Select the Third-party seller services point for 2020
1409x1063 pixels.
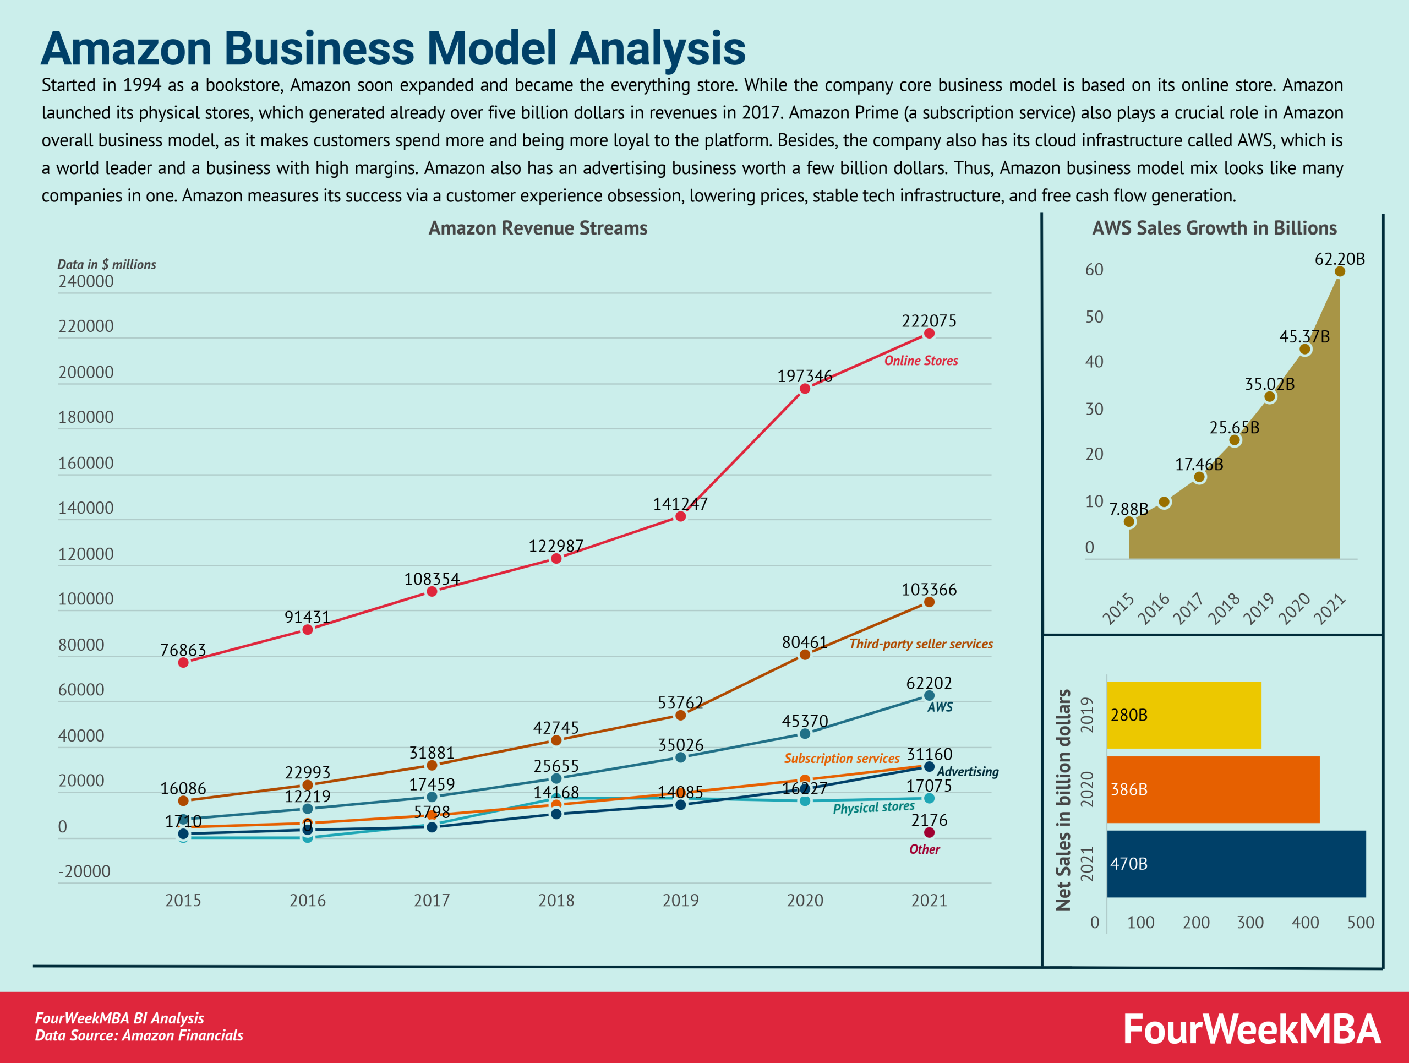805,654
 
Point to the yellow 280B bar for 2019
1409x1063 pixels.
1183,715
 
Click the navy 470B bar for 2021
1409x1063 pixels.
1236,864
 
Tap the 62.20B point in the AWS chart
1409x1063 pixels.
1340,271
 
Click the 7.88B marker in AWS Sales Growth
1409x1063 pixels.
1129,522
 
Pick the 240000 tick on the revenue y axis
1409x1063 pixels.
86,281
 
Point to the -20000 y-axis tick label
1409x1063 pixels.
84,871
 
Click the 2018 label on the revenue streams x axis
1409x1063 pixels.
555,900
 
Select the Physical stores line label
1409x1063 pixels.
873,808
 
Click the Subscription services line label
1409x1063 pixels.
842,758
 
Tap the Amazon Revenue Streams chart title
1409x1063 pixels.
538,228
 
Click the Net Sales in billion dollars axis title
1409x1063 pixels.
1062,800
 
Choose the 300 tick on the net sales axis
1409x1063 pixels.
1250,922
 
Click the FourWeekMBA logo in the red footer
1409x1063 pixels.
1251,1029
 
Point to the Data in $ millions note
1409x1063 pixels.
106,264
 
